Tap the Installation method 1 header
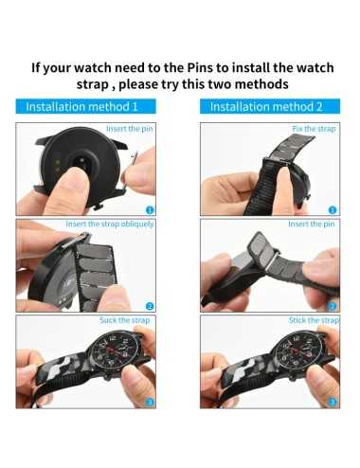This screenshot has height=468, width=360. click(81, 107)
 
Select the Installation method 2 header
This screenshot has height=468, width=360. click(266, 107)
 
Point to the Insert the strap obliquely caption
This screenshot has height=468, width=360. click(110, 225)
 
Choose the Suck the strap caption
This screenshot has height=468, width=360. click(127, 320)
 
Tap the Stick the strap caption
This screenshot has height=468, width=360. click(314, 320)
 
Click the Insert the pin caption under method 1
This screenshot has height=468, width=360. click(131, 128)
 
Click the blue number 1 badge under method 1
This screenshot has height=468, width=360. click(149, 209)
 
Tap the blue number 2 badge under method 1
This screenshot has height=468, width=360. click(149, 305)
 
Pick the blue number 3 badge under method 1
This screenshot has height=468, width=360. click(149, 402)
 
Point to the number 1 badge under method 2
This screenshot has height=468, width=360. click(333, 209)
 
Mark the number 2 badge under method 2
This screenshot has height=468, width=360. click(333, 305)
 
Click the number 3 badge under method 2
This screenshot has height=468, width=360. click(333, 402)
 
